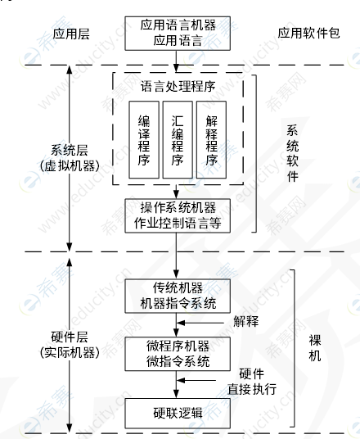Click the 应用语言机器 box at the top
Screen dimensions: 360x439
pos(178,34)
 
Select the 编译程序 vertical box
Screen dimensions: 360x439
pos(144,140)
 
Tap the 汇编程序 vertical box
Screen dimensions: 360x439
pos(178,140)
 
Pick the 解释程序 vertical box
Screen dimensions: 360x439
pos(211,140)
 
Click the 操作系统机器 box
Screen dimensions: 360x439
pos(178,216)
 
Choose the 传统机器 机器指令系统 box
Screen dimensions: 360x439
pos(178,296)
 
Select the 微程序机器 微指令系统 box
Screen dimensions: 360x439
pos(178,354)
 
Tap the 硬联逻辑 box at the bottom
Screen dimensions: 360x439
pos(178,414)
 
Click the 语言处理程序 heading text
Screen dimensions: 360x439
pos(178,87)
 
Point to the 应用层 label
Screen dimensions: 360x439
pos(71,34)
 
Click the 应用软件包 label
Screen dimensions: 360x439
pos(308,33)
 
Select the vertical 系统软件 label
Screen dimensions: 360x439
pos(293,153)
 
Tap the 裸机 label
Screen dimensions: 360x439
pos(315,348)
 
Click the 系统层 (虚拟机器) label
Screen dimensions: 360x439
pos(70,158)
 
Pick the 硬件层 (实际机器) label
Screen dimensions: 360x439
pos(70,345)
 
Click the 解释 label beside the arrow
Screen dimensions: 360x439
pos(246,321)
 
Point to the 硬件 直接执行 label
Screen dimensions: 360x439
pos(252,382)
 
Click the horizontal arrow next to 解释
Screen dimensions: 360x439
pos(200,323)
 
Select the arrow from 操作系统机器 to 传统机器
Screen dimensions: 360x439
pos(176,256)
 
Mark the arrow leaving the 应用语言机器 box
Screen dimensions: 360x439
pos(176,61)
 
